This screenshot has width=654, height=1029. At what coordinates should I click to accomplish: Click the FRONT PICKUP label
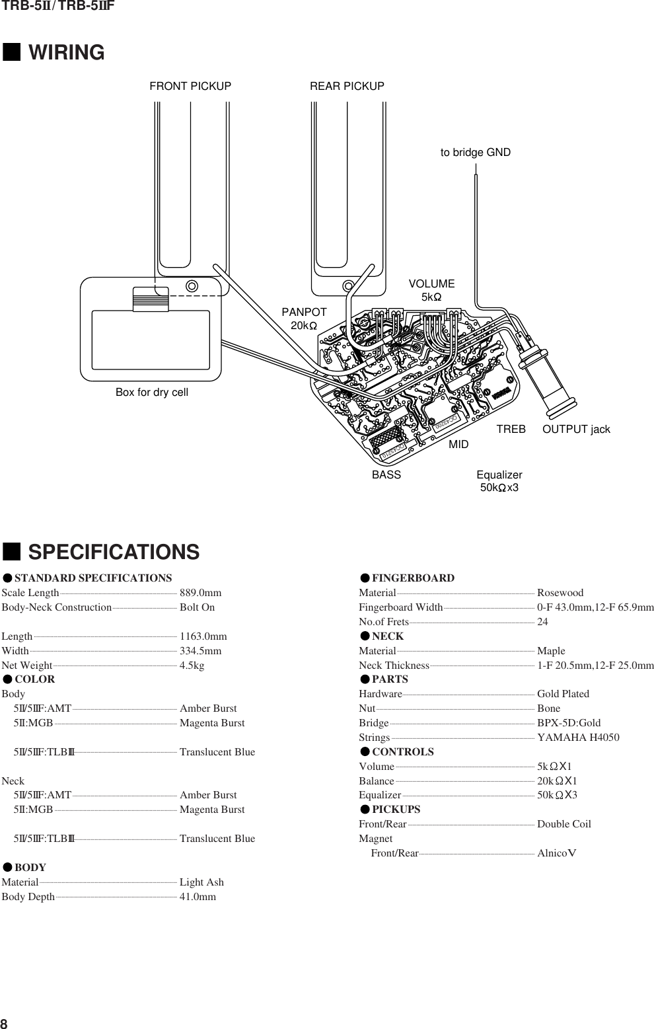[190, 87]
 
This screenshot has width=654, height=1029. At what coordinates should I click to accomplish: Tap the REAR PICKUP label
[347, 87]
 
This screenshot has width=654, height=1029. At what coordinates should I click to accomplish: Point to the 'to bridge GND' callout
[475, 153]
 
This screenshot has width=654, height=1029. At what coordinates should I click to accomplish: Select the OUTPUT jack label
[576, 430]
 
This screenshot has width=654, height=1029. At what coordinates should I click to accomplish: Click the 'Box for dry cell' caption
[152, 393]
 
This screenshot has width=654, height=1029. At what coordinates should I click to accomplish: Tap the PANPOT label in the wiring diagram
[304, 313]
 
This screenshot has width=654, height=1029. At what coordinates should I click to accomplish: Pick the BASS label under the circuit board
[386, 475]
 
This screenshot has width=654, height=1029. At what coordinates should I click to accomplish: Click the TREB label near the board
[511, 430]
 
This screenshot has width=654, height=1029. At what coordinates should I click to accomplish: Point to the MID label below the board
[458, 445]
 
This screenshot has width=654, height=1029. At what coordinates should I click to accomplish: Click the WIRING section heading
[66, 53]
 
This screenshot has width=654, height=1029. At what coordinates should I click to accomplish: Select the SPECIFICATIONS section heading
[113, 552]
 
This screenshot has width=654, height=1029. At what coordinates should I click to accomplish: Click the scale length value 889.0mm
[200, 593]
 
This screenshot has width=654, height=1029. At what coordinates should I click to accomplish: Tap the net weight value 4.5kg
[192, 666]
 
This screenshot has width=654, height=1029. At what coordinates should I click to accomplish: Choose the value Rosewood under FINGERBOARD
[560, 593]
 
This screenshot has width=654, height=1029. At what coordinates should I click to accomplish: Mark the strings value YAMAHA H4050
[578, 738]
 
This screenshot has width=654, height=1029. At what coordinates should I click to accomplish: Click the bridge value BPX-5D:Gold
[569, 723]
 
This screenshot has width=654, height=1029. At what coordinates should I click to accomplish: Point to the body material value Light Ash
[201, 882]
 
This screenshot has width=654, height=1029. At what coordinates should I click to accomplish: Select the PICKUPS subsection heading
[396, 810]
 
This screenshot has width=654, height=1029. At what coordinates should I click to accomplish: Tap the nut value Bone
[548, 708]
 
